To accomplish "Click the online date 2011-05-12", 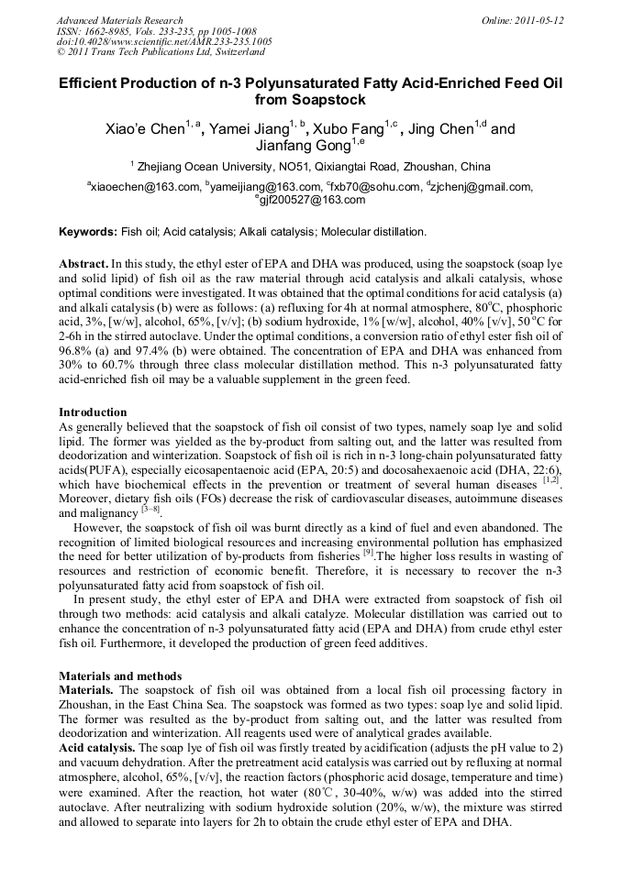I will coord(539,19).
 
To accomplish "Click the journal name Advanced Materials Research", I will coord(119,19).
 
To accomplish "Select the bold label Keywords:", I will coord(88,232).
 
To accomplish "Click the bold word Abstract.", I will coord(85,263).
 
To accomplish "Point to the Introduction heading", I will coord(93,412).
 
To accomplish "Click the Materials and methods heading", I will coord(120,676).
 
